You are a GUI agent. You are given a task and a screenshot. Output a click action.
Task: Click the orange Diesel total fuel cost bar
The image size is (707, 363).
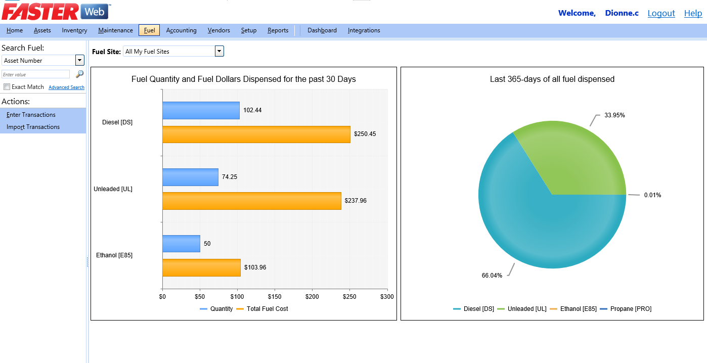pos(256,134)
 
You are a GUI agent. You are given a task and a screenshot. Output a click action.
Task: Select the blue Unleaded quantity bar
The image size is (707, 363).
pos(190,177)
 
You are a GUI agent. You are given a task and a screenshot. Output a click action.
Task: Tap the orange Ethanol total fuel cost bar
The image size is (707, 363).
pos(201,267)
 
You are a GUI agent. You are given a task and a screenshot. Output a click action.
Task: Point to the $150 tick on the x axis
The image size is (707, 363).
pos(275,297)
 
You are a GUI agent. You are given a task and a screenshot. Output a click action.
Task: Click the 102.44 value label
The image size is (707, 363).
pos(252,110)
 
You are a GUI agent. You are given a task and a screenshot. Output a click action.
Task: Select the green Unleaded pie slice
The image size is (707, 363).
pos(571,157)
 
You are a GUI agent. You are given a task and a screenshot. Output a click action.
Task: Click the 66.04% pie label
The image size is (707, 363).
pos(492,276)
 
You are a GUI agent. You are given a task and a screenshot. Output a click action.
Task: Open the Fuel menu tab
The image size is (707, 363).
pos(149,30)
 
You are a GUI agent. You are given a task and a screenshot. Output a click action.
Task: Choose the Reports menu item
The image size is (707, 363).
pos(278,30)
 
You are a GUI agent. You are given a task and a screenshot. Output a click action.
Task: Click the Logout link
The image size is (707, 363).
pos(661,13)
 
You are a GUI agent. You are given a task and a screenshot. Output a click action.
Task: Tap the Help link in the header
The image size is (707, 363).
pos(693,13)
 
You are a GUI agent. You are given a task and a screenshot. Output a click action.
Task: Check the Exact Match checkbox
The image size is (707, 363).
pos(7,87)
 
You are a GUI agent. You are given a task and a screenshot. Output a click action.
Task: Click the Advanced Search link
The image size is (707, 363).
pos(66,87)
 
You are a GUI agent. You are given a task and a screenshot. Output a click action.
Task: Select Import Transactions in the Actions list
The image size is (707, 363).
pos(33,127)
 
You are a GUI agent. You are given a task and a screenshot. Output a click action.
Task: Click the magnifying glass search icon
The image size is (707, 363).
pos(79,74)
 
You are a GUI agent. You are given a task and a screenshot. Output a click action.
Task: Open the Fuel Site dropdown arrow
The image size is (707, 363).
pos(219,51)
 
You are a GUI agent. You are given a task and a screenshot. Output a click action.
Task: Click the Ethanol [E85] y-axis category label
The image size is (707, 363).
pos(114,255)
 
